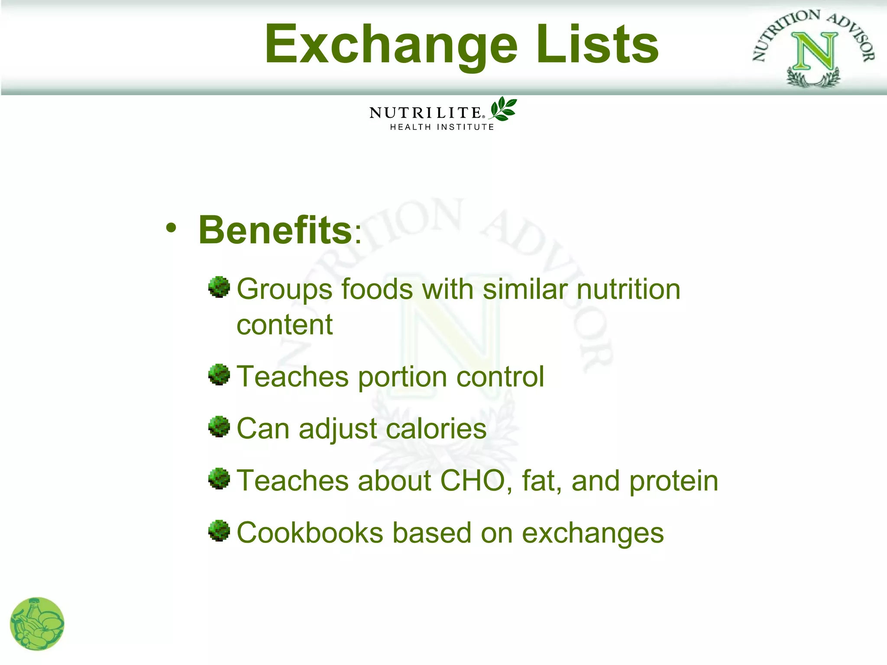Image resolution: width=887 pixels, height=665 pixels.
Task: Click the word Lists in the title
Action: [598, 45]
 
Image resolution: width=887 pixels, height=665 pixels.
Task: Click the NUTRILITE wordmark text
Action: [425, 113]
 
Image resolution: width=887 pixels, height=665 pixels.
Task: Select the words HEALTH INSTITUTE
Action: [442, 127]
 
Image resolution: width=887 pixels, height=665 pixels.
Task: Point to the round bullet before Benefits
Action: [171, 228]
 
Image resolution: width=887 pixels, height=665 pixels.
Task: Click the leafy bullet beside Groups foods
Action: [219, 287]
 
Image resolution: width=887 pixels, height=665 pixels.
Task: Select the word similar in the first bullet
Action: [524, 289]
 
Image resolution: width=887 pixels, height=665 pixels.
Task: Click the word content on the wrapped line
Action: [285, 325]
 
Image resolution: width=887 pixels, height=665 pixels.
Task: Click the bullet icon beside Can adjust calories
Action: [219, 427]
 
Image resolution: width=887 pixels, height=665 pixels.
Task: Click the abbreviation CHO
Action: [473, 481]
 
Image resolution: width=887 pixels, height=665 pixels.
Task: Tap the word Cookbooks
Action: [310, 533]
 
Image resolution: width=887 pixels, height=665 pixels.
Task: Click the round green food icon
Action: [37, 624]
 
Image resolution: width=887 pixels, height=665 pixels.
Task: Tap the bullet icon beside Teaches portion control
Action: [219, 374]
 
